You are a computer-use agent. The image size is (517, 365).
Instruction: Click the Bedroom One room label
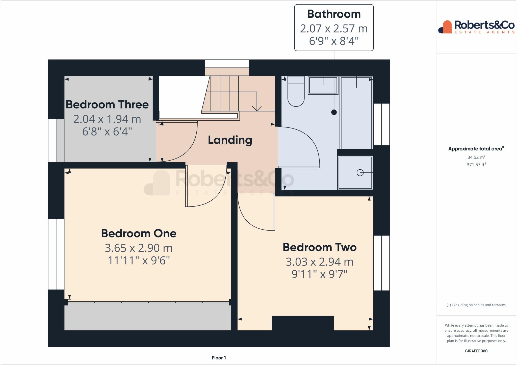coord(139,233)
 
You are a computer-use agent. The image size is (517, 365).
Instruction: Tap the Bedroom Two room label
coord(320,247)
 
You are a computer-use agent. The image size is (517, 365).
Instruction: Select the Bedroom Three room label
coord(107,105)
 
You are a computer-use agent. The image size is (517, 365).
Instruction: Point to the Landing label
coord(230,140)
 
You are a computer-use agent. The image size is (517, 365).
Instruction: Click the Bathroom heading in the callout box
coord(334,14)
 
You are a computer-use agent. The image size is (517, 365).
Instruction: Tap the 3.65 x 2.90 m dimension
coord(139,248)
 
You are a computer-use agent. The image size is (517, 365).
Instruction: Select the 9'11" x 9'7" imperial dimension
coord(320,274)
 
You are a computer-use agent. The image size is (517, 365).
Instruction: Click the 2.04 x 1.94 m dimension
coord(107,119)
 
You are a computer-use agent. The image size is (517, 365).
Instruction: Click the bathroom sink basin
coord(323,86)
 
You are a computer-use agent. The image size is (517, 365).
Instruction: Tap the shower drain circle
coord(360,173)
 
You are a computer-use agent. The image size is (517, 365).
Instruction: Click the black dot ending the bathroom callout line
coord(334,112)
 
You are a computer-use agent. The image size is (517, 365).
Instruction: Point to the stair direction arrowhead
coord(257,109)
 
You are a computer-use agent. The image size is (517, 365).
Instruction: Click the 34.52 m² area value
coord(476,157)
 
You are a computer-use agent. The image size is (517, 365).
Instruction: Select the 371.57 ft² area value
coord(476,165)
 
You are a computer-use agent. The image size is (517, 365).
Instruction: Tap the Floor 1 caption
coord(219,358)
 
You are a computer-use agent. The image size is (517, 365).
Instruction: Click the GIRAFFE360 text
coord(476,351)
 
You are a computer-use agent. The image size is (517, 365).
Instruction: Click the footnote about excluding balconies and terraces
coord(476,305)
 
